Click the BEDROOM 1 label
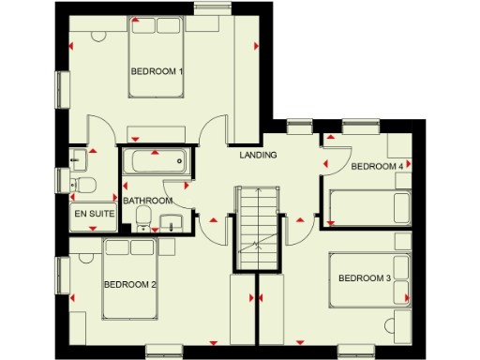point(157,71)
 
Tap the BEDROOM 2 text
point(129,284)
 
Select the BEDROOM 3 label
point(364,277)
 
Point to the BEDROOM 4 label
point(377,167)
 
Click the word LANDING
point(258,155)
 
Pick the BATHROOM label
point(148,201)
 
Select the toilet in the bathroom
point(142,217)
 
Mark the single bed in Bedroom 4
point(367,205)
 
